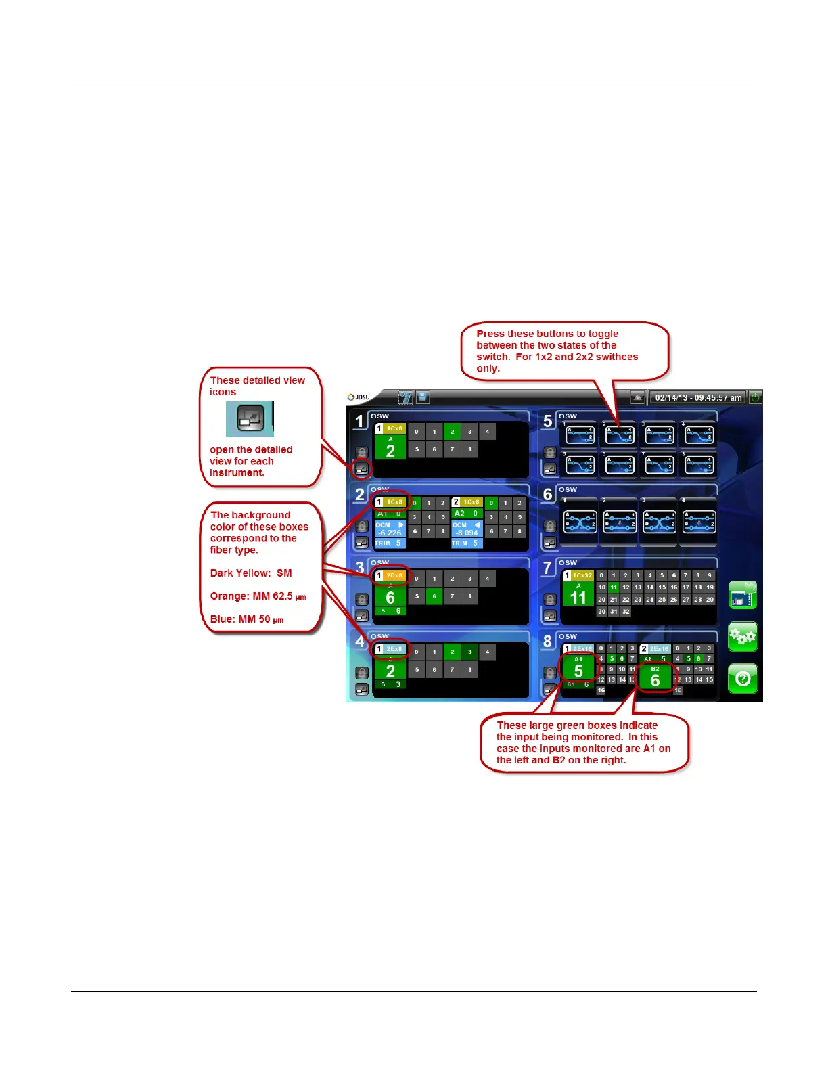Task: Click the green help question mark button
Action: coord(743,678)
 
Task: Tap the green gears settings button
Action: coord(743,637)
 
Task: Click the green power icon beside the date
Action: coord(755,397)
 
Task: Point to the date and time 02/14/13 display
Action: coord(697,397)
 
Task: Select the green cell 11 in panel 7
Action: coord(614,587)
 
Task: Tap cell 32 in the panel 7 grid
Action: coord(626,611)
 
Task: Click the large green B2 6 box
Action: coord(655,677)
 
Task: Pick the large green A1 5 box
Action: coord(578,668)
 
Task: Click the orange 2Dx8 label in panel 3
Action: coord(394,575)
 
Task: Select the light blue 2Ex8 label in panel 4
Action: coord(394,649)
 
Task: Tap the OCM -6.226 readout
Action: coord(390,529)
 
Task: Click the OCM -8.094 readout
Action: coord(466,529)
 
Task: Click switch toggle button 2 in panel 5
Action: coord(619,434)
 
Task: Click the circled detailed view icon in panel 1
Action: coord(362,468)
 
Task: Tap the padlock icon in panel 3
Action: coord(362,599)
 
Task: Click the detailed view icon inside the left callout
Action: coord(250,419)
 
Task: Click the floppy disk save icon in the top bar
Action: coord(423,397)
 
